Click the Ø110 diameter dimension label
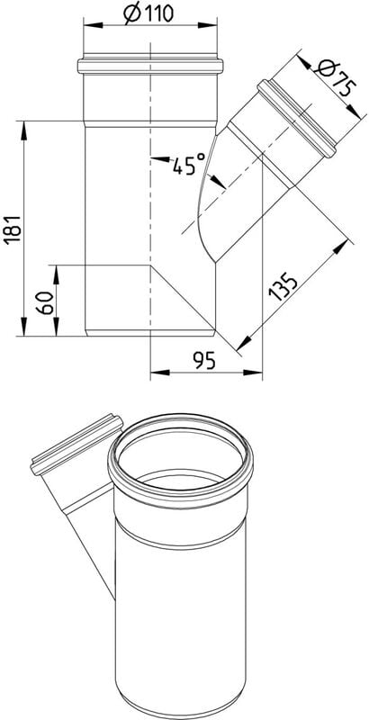point(148,13)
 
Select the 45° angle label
point(189,164)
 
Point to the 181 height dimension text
point(13,229)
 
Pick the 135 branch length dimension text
point(283,286)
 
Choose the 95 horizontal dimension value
point(204,362)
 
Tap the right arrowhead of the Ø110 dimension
point(207,25)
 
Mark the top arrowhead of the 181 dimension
point(22,130)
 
